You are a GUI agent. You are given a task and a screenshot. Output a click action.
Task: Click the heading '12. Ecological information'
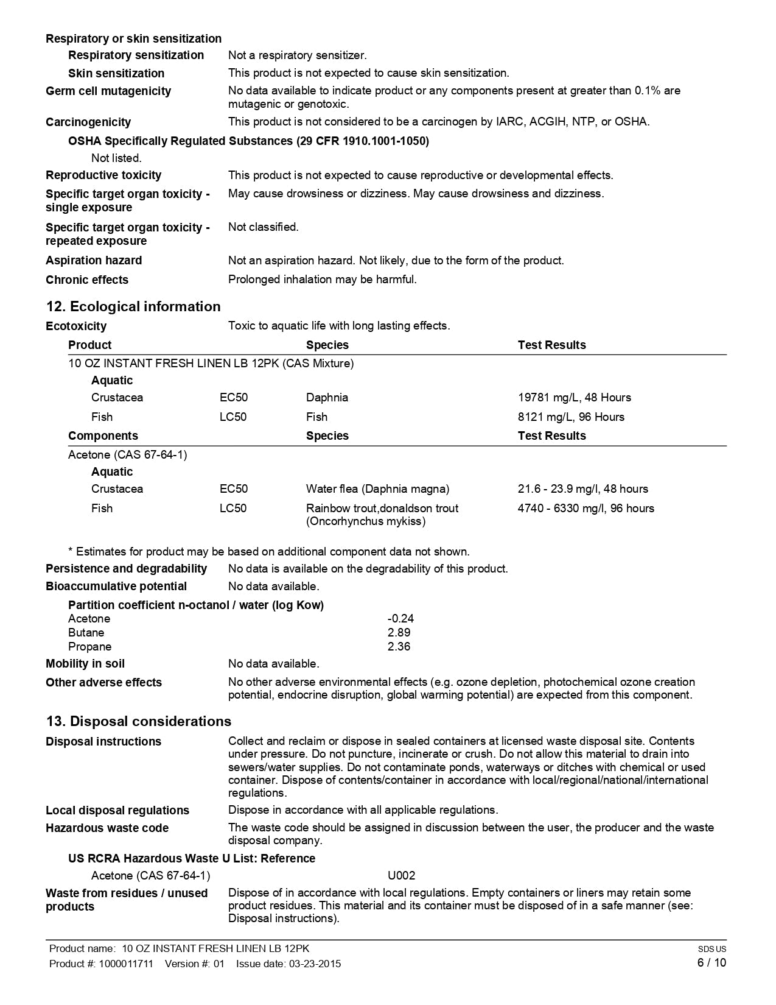point(133,306)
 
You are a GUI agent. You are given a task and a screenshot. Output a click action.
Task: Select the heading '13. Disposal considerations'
point(139,721)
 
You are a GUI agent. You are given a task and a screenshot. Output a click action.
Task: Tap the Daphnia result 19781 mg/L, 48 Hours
point(574,398)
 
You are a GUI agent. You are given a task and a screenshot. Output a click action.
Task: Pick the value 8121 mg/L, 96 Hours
point(571,417)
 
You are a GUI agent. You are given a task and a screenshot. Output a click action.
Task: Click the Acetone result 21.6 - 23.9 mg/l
point(582,489)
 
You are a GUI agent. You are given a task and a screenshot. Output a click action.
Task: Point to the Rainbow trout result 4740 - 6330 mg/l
point(585,509)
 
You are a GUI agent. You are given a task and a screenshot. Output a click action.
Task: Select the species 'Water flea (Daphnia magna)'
point(377,489)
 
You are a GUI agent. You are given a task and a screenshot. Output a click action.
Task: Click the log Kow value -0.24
point(400,619)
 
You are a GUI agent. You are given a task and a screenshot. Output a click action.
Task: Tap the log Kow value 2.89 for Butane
point(399,633)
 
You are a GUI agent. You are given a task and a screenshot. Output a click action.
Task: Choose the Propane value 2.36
point(399,647)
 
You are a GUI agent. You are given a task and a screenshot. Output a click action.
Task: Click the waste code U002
point(401,876)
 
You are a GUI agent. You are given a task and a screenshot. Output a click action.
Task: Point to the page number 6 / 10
point(711,963)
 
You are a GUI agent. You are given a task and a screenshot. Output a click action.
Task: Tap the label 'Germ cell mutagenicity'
point(108,91)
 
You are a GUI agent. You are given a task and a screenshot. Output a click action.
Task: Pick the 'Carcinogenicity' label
point(88,122)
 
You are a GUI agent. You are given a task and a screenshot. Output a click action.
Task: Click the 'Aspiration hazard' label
point(94,261)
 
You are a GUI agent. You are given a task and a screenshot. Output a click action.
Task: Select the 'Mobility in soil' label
point(85,664)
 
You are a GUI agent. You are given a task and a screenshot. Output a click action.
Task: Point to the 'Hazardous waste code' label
point(107,828)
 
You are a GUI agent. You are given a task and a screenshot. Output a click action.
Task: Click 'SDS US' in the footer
point(712,949)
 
